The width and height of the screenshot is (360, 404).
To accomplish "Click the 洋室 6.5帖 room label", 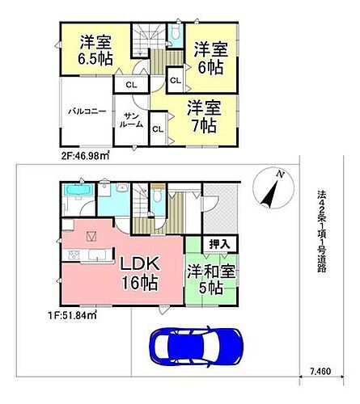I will click(95, 50).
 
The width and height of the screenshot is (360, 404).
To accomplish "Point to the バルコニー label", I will click(87, 112).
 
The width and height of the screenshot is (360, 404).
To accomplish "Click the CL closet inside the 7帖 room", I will click(158, 128).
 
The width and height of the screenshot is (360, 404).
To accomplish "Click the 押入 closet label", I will click(218, 242).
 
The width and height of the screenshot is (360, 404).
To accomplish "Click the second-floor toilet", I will click(176, 33).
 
